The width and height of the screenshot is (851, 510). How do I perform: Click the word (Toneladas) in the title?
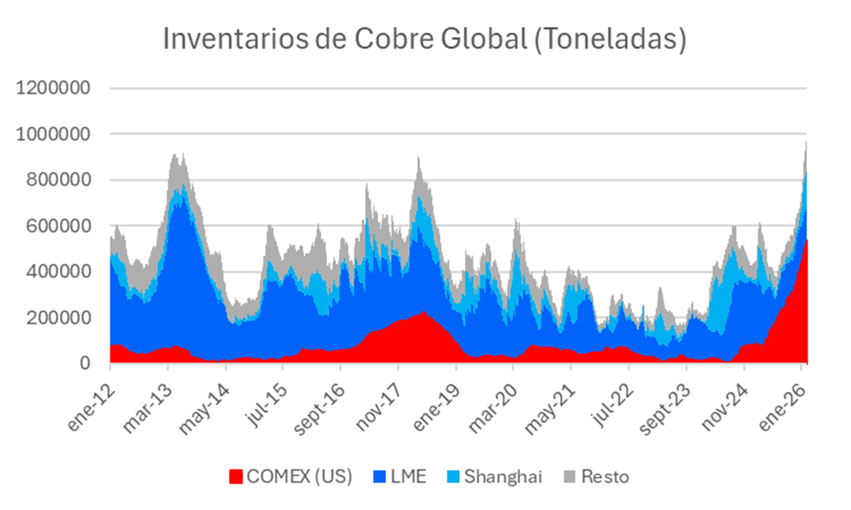(x=610, y=40)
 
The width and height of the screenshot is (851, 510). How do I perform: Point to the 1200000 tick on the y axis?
(x=53, y=88)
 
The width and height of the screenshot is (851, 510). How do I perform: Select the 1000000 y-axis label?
(x=53, y=134)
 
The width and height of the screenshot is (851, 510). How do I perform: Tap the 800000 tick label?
(x=58, y=180)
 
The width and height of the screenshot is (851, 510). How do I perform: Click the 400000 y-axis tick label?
(x=58, y=271)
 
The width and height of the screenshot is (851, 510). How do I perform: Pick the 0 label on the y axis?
(x=85, y=363)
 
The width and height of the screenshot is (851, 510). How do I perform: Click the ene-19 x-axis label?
(x=437, y=407)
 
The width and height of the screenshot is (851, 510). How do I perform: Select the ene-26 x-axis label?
(x=783, y=407)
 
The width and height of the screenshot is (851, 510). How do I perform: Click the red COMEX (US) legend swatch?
(x=235, y=477)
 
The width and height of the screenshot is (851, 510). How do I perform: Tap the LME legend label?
(x=408, y=477)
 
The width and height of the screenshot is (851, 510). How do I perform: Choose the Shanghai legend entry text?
(x=503, y=477)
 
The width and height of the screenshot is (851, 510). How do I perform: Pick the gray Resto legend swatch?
(x=570, y=477)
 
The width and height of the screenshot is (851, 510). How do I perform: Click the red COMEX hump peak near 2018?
(x=423, y=313)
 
